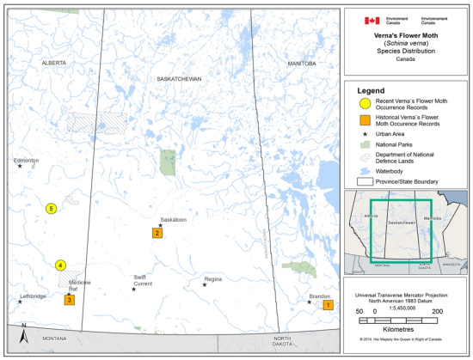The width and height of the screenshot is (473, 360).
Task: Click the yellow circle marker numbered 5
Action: [51, 209]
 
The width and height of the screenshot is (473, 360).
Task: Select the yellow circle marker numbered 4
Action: [60, 265]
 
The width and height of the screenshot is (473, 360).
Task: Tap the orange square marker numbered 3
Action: [69, 300]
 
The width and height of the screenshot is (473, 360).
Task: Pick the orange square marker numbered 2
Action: [157, 233]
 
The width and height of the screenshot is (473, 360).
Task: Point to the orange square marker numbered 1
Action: [327, 305]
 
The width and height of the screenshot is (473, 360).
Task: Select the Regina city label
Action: [212, 279]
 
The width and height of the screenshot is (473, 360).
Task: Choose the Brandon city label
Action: [319, 296]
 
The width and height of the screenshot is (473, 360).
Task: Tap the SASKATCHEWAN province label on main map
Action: [178, 78]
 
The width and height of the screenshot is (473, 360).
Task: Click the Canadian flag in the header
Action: [372, 21]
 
